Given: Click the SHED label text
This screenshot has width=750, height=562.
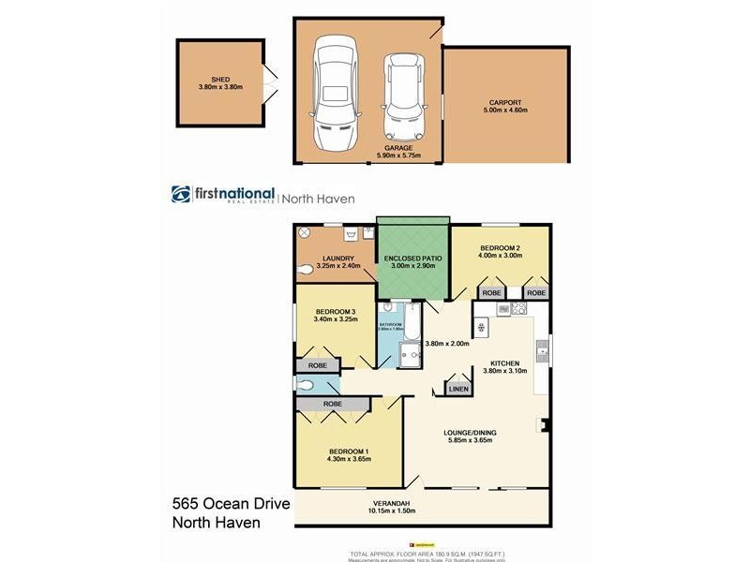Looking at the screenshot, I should [220, 80].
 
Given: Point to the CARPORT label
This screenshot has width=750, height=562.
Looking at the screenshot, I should [505, 102].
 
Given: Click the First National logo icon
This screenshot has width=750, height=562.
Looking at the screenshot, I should [181, 194].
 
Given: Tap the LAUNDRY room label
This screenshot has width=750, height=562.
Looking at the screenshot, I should [336, 259].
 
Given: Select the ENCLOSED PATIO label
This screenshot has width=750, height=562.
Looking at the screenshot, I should [412, 256].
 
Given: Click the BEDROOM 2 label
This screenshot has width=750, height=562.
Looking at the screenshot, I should [499, 247].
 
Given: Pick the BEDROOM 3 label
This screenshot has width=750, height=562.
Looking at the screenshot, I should [335, 311].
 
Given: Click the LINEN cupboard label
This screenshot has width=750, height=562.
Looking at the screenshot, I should [457, 388].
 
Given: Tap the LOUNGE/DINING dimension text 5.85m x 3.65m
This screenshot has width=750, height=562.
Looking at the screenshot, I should [470, 442].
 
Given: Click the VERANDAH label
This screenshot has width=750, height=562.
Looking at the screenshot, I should [393, 502].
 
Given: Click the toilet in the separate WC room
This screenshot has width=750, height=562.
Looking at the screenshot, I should [307, 384].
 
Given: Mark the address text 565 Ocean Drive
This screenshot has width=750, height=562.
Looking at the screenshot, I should [232, 505].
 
